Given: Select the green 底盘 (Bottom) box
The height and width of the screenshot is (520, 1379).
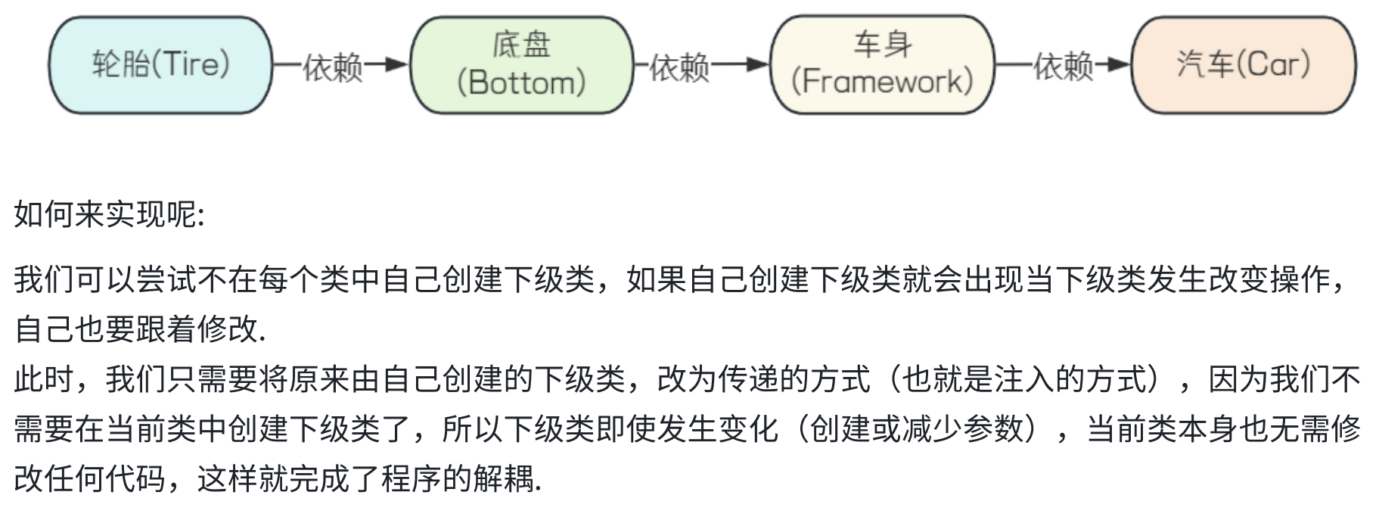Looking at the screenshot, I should coord(521,65).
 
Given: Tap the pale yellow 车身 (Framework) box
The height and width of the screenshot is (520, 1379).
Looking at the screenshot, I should coord(881,65).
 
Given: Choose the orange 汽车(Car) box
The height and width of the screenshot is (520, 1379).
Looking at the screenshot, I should coord(1243,65).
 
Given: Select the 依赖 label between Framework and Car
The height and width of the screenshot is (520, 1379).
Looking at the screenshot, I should coord(1064,67).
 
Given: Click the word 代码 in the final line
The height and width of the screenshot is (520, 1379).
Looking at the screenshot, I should coord(135,479).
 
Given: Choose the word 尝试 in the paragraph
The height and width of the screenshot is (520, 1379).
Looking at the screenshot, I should coord(166,280).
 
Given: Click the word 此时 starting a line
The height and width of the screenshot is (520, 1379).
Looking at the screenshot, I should coord(45,379).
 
